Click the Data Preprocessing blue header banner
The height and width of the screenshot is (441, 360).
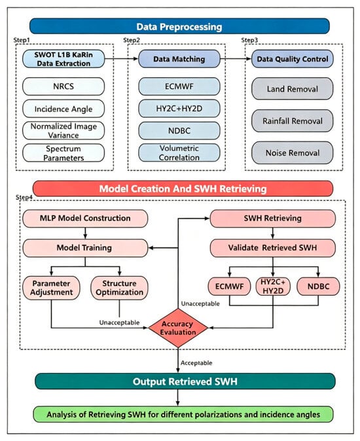179,26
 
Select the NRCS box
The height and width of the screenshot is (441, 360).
63,86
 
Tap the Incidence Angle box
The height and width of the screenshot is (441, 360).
63,109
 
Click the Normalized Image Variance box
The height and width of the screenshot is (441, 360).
63,130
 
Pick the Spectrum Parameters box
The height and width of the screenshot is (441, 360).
63,153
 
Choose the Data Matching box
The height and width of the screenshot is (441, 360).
179,59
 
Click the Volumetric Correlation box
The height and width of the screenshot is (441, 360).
179,152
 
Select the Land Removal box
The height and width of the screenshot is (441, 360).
293,89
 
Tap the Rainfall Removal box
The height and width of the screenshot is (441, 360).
293,121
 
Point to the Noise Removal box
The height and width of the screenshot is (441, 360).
293,152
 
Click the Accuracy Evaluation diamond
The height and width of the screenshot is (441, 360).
178,328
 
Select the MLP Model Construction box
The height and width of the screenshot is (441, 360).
85,219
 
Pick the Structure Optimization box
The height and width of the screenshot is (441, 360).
119,288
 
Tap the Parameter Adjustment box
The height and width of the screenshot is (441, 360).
52,288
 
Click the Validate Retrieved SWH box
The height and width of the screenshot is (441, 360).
272,248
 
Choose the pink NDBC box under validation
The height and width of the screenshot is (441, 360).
318,287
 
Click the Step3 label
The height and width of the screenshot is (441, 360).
249,40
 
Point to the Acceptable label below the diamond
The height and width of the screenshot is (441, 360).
196,363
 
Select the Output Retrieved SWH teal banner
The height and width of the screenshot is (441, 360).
185,381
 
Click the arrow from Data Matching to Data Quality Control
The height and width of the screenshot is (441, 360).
236,59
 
